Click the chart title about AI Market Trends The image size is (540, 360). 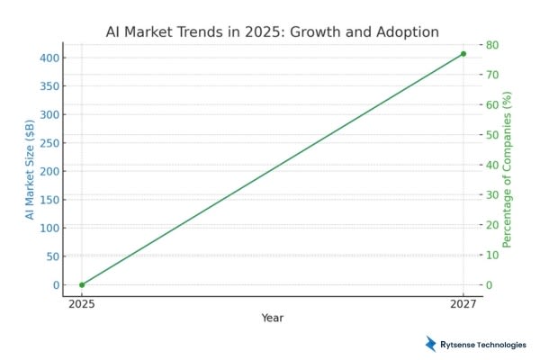271,32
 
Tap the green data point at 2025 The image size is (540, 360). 82,284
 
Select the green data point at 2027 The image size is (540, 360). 463,54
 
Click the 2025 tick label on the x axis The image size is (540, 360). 82,303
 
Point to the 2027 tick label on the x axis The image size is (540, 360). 463,303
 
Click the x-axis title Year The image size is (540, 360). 273,318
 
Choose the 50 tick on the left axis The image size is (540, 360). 51,256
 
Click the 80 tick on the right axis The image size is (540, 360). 492,45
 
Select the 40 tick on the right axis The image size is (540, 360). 492,165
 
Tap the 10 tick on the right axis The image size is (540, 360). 492,255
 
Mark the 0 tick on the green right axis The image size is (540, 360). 490,284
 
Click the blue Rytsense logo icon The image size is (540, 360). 431,343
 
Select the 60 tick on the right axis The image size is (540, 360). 492,104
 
